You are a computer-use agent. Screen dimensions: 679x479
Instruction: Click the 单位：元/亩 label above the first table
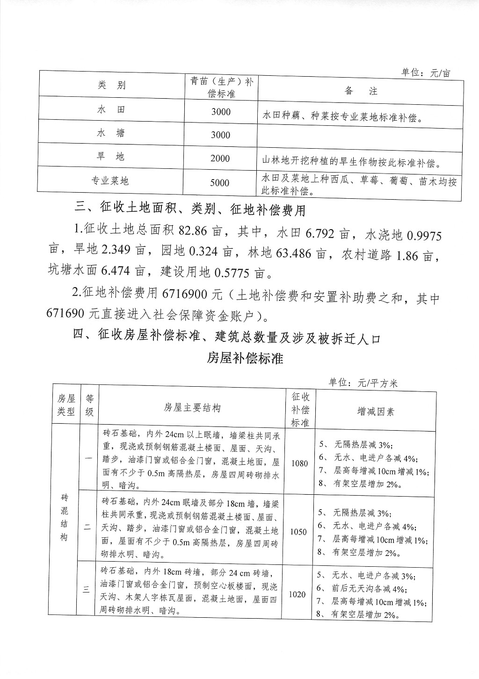click(x=425, y=73)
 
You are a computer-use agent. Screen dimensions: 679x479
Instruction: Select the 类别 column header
click(x=111, y=85)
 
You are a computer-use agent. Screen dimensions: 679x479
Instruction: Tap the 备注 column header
click(x=361, y=91)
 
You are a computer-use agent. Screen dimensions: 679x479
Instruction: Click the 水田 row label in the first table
click(x=111, y=110)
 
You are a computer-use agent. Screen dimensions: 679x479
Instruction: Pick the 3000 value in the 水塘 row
click(x=220, y=135)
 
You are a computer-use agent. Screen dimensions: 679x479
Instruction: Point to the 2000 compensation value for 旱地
click(x=220, y=159)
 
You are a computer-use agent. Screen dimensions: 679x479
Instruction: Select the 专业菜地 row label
click(x=110, y=181)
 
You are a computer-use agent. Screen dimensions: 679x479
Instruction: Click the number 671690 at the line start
click(x=70, y=316)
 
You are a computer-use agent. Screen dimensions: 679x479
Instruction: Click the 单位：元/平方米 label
click(x=363, y=383)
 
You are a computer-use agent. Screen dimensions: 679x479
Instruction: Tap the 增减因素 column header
click(x=375, y=412)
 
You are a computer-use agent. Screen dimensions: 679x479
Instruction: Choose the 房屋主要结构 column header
click(x=192, y=408)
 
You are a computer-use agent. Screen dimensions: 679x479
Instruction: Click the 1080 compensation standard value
click(x=299, y=463)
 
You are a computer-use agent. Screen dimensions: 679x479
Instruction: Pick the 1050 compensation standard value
click(x=298, y=532)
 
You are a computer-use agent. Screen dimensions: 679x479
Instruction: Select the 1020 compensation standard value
click(x=298, y=594)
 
